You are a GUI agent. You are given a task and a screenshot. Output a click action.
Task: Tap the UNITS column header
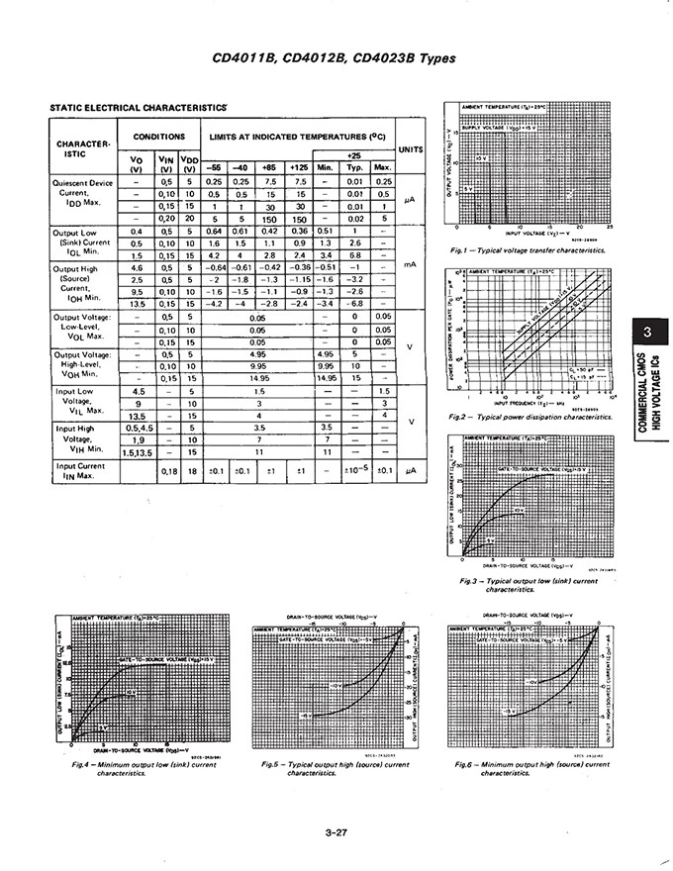click(410, 149)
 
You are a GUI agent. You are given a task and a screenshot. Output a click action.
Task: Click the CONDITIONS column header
click(159, 137)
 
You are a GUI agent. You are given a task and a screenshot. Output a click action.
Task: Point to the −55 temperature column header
click(214, 167)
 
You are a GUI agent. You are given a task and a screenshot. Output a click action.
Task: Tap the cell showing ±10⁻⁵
click(354, 470)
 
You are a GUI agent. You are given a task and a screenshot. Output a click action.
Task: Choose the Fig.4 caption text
click(129, 769)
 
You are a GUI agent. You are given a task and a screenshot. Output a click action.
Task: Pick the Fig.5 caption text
click(336, 769)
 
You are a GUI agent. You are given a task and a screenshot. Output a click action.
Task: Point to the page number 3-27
click(336, 833)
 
